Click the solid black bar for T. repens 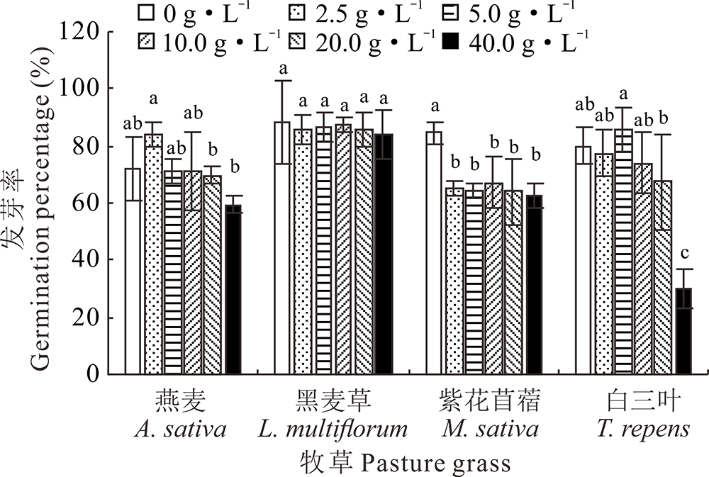(683, 331)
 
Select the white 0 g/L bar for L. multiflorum (282, 248)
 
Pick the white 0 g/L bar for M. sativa (434, 252)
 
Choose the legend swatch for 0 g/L (146, 12)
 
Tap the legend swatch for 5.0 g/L (449, 12)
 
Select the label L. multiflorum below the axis (343, 430)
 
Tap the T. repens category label (644, 430)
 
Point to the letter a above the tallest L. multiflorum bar (282, 69)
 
